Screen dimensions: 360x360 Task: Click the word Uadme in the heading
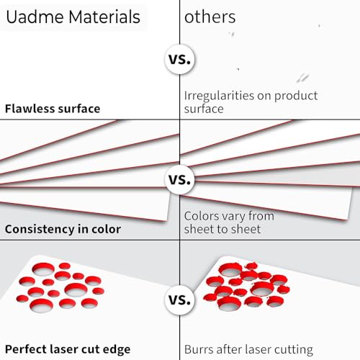coord(35,17)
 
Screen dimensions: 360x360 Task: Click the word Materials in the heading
coord(104,17)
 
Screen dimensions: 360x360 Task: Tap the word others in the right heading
coord(210,17)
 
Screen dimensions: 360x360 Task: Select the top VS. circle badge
coord(180,59)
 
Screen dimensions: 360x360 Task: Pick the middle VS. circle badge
coord(180,179)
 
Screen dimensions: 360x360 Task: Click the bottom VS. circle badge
coord(180,300)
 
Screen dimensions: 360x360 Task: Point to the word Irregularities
coord(219,96)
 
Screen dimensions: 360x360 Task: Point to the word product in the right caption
coord(296,96)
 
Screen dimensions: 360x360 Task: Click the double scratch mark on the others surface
coord(302,78)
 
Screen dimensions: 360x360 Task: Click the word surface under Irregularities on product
coord(204,109)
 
